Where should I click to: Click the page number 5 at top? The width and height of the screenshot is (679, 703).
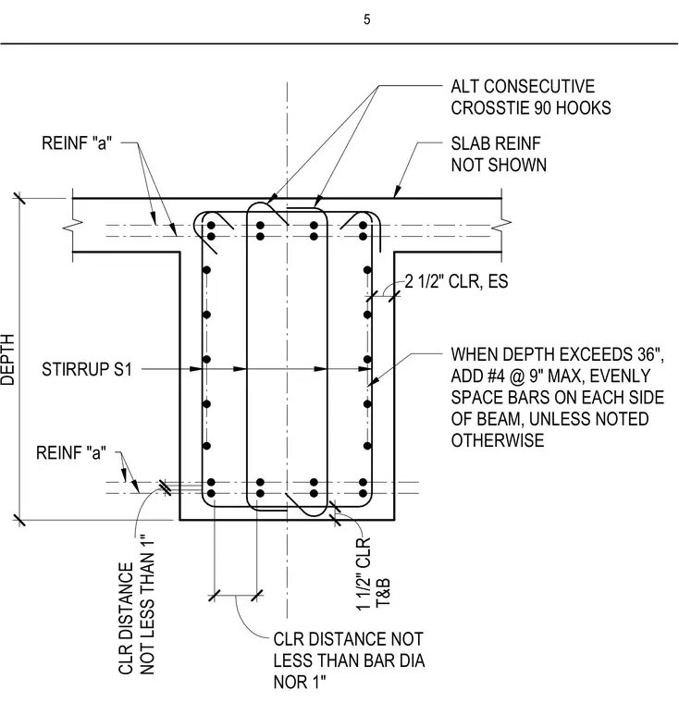point(367,19)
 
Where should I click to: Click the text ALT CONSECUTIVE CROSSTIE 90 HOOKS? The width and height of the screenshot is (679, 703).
point(531,97)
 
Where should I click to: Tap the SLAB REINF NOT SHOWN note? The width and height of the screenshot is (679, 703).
point(499,154)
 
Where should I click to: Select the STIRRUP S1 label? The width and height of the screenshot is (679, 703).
point(87,369)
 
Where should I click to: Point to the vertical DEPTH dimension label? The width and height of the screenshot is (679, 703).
point(7,360)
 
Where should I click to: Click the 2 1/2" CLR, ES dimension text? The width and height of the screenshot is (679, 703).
point(457,281)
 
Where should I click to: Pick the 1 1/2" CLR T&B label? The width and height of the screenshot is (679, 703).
point(373,574)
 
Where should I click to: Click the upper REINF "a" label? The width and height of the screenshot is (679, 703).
point(77,143)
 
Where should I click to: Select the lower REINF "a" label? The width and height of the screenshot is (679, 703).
point(71,453)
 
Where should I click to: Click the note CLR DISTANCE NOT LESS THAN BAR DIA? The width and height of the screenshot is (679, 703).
point(349,649)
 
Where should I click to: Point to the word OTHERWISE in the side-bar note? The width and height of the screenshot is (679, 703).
point(498,440)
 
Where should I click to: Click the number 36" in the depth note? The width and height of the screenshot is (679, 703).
point(650,354)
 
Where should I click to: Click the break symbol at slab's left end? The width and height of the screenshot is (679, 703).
point(73,226)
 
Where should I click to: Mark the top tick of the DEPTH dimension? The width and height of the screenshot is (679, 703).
point(19,198)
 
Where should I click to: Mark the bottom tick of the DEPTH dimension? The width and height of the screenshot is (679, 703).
point(19,520)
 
